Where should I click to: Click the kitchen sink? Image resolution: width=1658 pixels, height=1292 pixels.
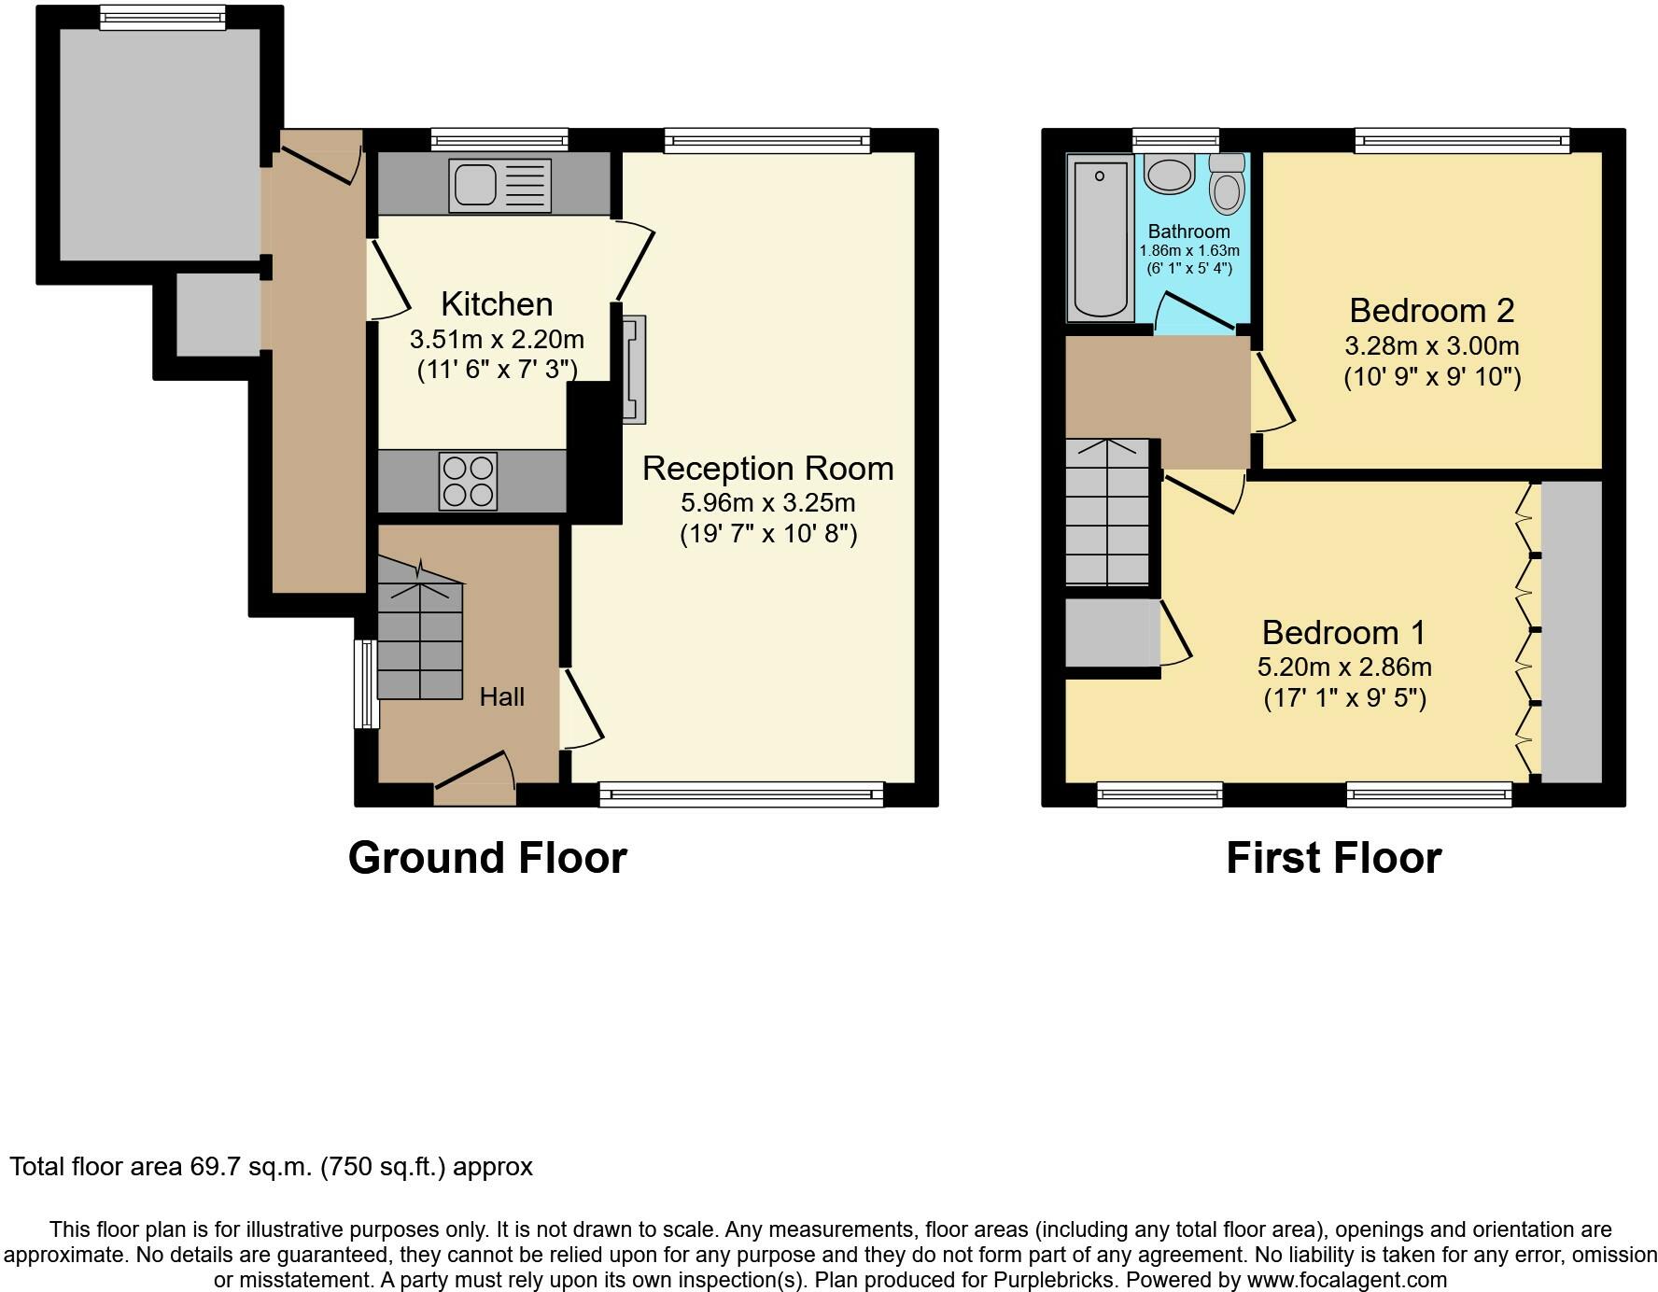500,185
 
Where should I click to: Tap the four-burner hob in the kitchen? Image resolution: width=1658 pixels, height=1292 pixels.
469,481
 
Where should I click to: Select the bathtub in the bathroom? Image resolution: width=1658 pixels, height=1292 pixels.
1102,239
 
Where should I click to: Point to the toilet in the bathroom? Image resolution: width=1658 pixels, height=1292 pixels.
1227,183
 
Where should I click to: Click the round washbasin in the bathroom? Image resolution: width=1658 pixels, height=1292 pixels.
1169,174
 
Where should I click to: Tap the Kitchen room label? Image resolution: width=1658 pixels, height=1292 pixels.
497,304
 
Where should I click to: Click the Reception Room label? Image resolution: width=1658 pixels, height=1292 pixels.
767,468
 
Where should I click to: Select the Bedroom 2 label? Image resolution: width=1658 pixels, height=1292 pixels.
1431,310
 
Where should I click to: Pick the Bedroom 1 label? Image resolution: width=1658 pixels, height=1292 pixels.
1343,632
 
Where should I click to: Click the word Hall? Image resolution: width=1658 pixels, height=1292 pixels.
502,696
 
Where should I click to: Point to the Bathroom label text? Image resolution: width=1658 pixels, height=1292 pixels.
1188,231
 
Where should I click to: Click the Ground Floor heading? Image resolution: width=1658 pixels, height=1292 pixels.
487,858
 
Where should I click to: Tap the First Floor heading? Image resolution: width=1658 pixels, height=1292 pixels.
1333,858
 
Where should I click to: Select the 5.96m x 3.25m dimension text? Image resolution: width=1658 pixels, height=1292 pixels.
767,503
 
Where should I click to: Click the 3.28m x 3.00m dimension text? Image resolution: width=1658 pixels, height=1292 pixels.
1431,346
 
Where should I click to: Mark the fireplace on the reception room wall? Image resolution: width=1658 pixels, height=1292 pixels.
634,370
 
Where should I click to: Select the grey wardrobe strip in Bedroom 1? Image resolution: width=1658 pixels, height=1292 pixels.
1571,632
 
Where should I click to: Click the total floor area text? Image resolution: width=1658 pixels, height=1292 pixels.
272,1167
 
